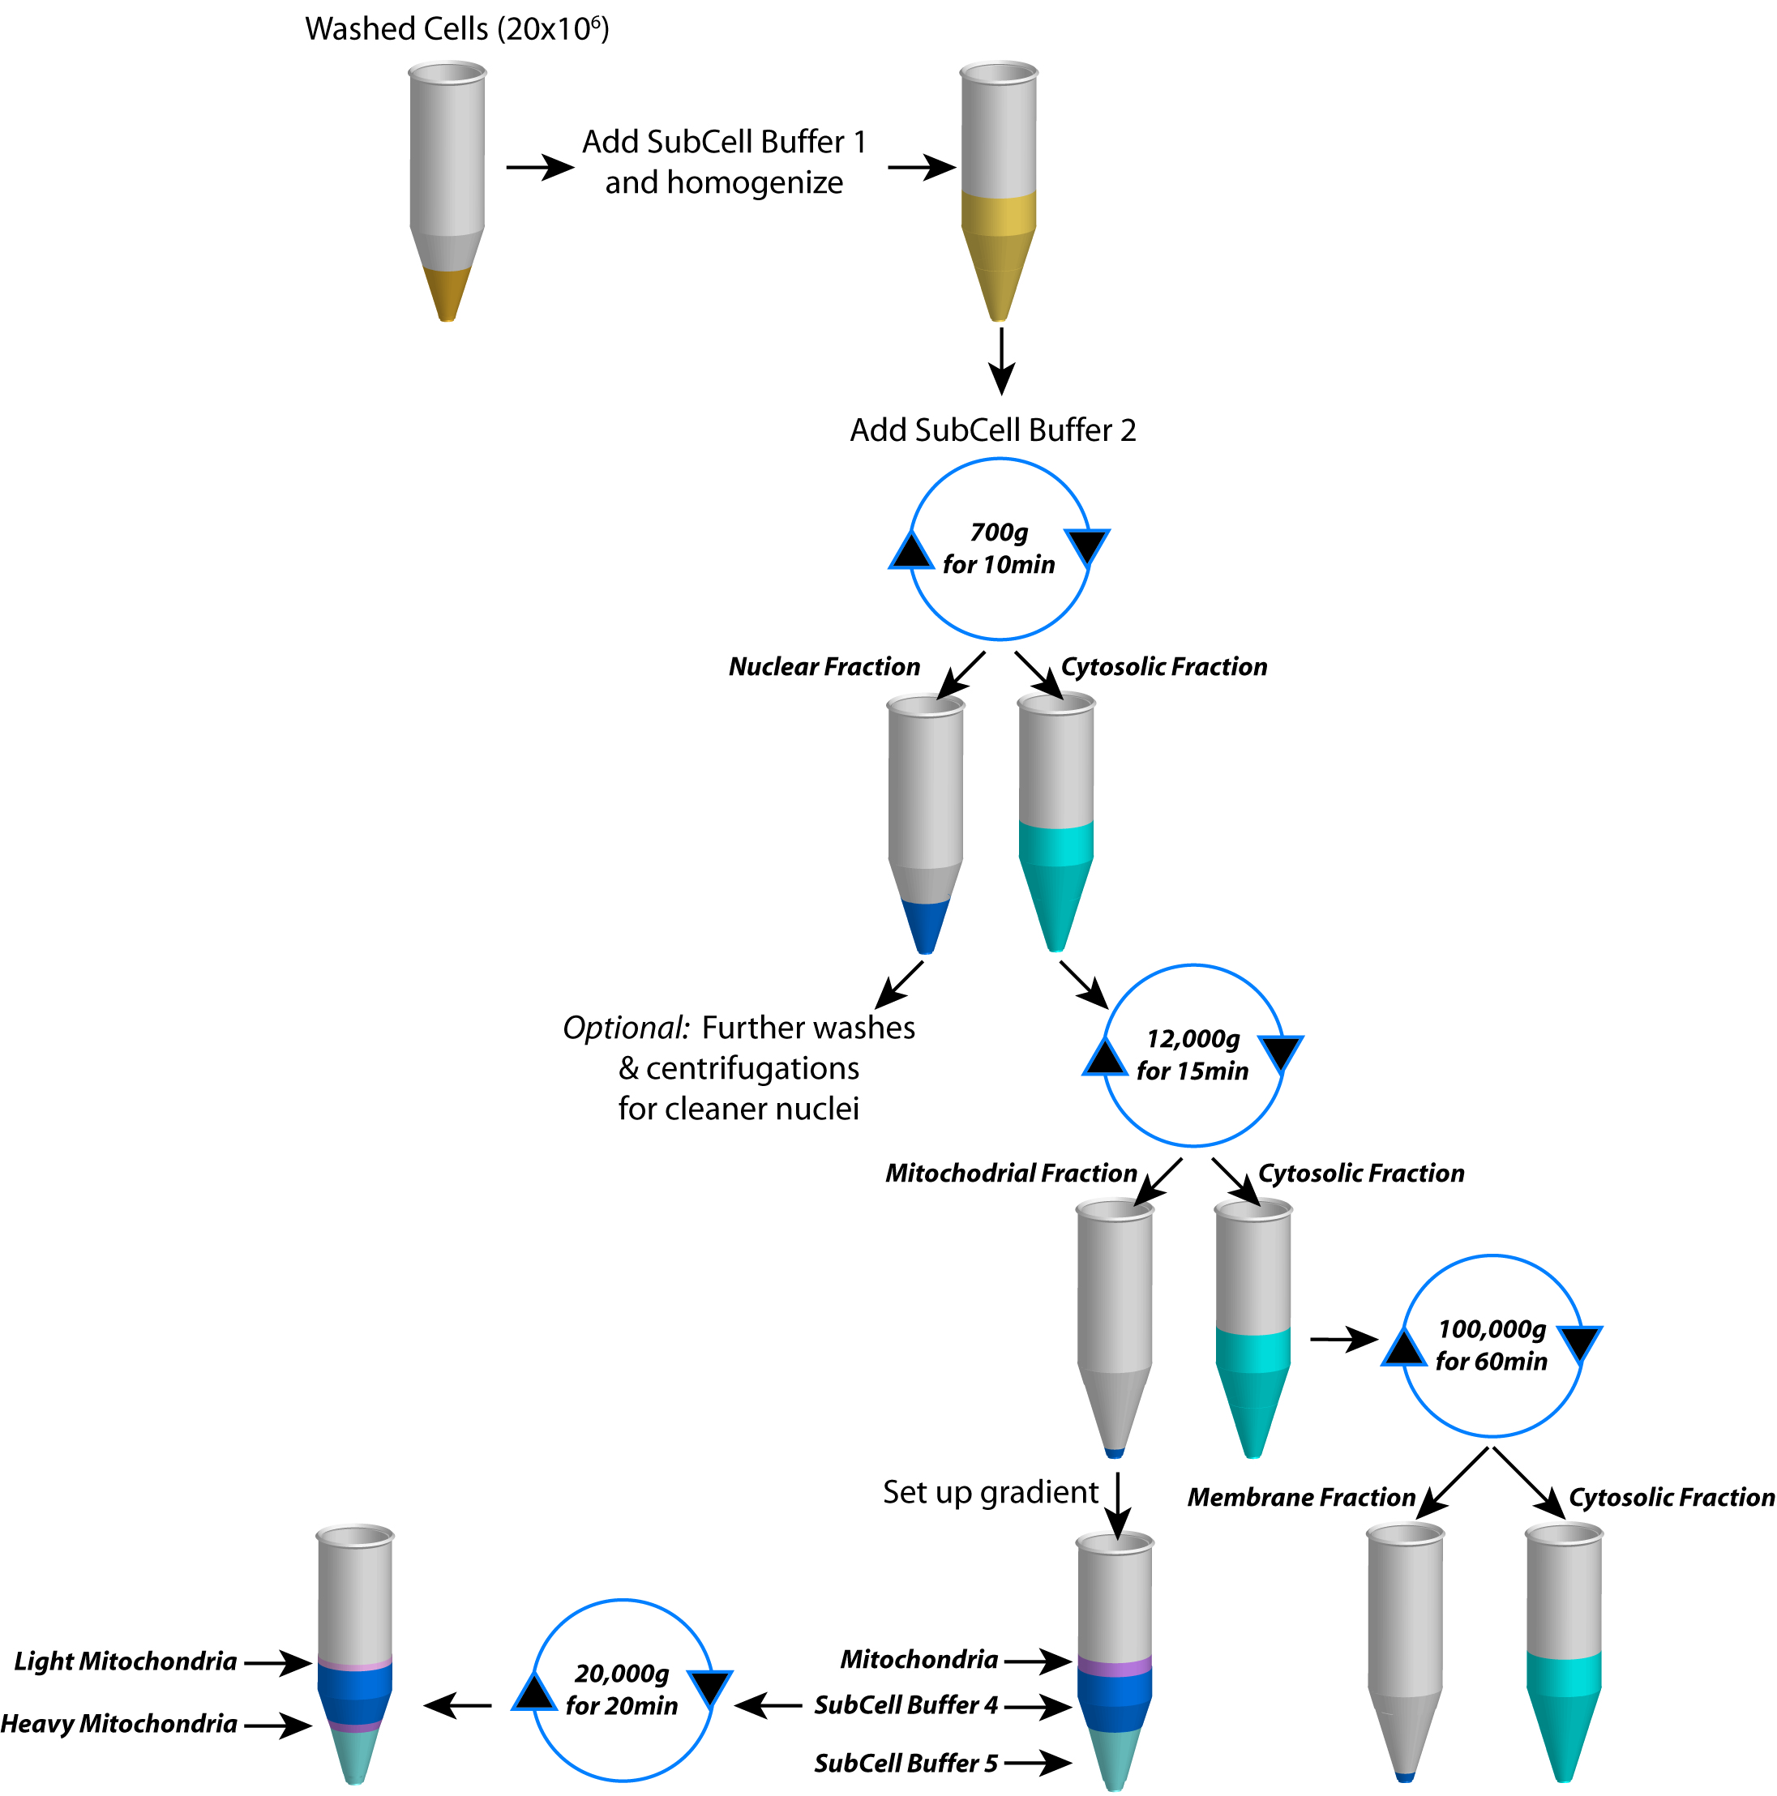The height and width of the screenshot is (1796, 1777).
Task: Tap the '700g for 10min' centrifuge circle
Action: [x=999, y=549]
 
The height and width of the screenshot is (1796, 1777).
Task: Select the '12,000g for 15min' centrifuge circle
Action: [x=1193, y=1055]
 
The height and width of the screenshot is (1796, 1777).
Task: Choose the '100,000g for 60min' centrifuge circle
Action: [x=1491, y=1345]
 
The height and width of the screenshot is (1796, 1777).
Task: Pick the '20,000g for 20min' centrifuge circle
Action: [x=621, y=1689]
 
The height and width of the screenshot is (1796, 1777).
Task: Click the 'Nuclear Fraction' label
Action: [x=824, y=666]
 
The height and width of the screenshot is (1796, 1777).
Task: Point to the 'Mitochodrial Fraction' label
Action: [x=1011, y=1174]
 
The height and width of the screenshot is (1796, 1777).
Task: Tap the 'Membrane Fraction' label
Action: [x=1300, y=1498]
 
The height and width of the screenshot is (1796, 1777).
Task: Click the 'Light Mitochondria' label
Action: [x=126, y=1661]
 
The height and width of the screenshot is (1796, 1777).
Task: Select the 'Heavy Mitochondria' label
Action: [x=119, y=1724]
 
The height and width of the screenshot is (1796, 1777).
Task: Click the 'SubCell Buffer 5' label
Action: [x=906, y=1764]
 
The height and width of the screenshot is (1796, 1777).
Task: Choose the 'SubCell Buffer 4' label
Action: [x=906, y=1705]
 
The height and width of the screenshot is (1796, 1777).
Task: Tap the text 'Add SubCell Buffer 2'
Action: [x=992, y=430]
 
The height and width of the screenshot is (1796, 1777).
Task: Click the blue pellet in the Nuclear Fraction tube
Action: [x=925, y=926]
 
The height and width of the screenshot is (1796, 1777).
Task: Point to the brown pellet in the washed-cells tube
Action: [x=447, y=292]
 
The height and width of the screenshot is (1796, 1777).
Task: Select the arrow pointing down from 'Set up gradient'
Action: [x=1117, y=1506]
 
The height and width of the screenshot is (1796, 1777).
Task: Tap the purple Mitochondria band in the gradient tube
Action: [x=1114, y=1666]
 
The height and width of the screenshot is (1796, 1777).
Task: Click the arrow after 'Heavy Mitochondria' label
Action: [x=278, y=1725]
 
